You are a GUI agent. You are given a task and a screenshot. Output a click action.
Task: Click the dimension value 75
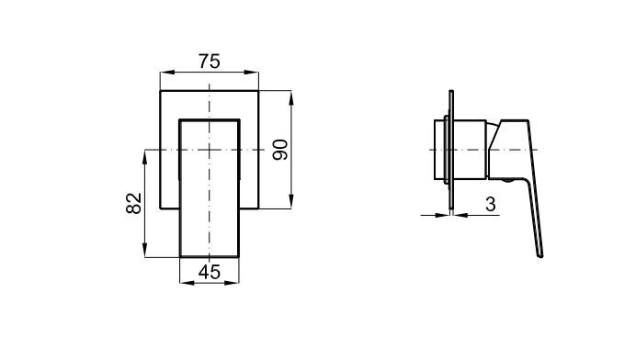[210, 62]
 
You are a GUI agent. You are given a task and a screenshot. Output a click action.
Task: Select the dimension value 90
[280, 150]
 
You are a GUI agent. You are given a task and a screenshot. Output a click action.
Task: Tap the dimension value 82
[134, 203]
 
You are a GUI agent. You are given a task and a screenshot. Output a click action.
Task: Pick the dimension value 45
[210, 272]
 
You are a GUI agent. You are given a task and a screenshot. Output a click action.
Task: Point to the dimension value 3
[491, 204]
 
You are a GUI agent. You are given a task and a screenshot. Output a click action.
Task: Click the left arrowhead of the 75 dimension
[167, 73]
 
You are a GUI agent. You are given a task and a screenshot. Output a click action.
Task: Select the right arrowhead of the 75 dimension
[252, 73]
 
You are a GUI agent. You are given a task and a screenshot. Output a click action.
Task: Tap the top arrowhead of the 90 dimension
[290, 98]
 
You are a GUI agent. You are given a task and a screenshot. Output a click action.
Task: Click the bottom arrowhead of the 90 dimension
[290, 201]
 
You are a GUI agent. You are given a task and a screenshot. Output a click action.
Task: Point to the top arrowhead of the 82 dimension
[145, 157]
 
